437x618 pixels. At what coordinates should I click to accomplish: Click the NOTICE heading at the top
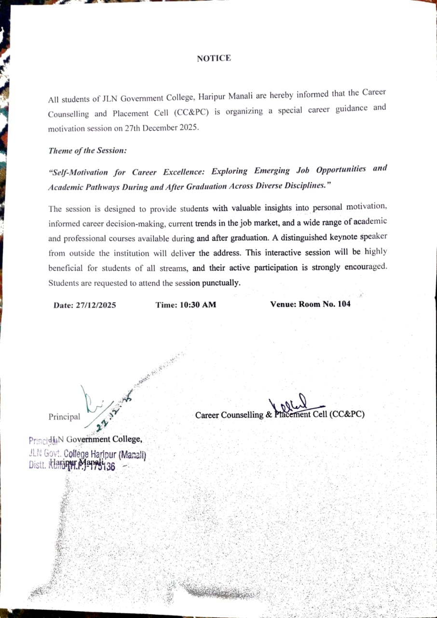214,58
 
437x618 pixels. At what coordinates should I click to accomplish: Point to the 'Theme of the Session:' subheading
87,151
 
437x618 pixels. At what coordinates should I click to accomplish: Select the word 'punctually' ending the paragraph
221,283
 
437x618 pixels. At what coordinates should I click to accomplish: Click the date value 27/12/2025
96,305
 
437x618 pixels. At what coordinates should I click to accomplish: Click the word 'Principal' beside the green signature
65,417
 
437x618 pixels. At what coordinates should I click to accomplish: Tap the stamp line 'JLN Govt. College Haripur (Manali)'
87,454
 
